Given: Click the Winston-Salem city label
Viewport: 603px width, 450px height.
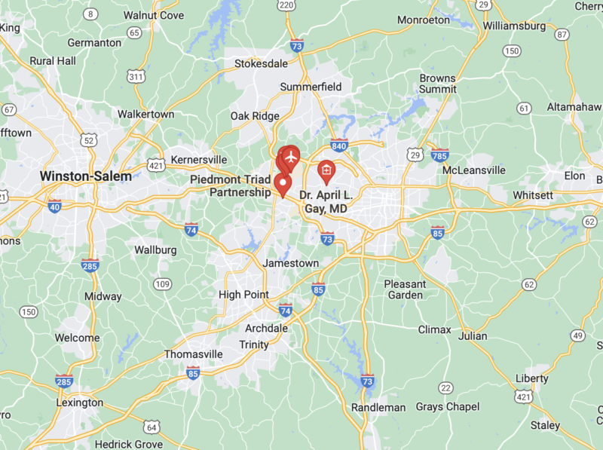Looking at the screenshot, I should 85,176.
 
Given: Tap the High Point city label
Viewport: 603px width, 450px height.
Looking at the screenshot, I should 243,294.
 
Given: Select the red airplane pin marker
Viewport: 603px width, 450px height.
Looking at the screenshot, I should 289,157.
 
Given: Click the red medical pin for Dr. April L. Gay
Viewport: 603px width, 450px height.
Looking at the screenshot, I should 326,171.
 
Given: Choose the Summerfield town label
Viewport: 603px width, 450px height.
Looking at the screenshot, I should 311,87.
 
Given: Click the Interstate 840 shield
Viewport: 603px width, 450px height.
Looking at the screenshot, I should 338,144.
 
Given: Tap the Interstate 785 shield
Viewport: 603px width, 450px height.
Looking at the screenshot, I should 441,155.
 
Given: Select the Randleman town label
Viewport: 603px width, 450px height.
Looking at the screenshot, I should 378,407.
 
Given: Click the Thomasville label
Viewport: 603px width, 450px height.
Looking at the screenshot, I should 194,354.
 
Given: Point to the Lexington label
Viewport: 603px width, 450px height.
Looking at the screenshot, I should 80,403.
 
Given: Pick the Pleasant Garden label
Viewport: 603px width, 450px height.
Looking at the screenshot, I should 405,289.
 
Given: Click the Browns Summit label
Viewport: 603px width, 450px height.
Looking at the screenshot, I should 438,83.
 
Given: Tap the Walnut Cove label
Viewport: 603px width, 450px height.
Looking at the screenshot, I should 153,14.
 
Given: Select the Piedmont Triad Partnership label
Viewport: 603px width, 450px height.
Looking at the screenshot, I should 230,185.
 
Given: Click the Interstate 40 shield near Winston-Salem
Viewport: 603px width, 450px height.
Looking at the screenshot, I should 54,205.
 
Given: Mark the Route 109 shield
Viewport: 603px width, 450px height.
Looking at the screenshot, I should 162,283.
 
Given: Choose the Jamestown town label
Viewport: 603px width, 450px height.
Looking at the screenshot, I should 290,263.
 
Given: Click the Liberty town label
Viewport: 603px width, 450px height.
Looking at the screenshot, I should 532,378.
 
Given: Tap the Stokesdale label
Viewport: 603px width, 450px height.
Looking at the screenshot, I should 261,63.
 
